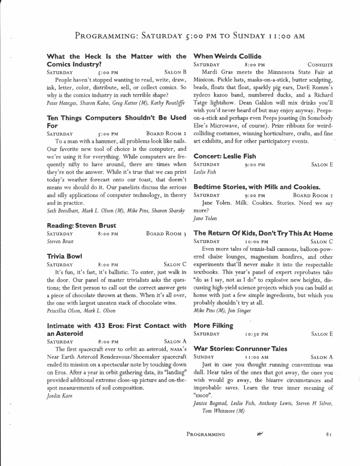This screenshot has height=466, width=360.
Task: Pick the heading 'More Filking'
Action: point(213,325)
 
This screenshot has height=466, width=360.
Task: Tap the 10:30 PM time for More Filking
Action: point(257,334)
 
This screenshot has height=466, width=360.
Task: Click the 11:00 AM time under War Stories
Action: point(257,358)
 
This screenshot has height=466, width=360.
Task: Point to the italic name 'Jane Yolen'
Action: point(205,218)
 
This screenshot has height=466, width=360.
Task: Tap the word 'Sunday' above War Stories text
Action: point(204,358)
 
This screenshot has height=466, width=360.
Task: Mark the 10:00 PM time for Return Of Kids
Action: point(257,242)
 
